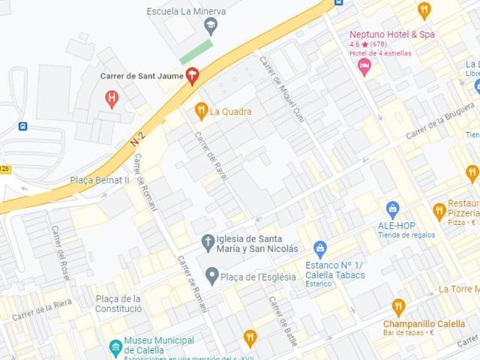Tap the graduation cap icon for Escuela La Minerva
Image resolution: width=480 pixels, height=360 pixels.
click(x=211, y=27)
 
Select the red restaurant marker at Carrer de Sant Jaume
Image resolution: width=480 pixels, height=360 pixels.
click(x=193, y=75)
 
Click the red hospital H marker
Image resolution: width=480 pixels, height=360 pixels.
click(x=112, y=97)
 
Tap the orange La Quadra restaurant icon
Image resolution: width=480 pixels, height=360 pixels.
click(x=201, y=112)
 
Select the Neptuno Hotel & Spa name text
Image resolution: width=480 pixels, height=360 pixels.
click(x=392, y=34)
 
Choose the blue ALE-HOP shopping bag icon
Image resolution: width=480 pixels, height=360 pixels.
click(x=392, y=209)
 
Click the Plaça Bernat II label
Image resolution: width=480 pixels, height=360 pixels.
click(x=100, y=181)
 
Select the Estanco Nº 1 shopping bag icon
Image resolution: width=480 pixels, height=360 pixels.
click(x=320, y=248)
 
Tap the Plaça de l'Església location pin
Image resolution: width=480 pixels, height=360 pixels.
click(x=212, y=277)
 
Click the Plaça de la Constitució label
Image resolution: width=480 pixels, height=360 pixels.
click(x=118, y=304)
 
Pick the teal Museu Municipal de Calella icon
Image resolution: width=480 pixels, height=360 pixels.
click(x=115, y=347)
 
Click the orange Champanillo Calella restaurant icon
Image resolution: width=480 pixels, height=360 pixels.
click(x=398, y=306)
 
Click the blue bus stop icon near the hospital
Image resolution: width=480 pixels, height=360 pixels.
click(x=23, y=126)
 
